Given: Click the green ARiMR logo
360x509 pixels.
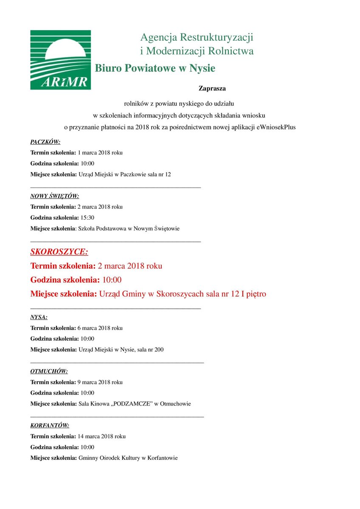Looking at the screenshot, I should (x=60, y=60).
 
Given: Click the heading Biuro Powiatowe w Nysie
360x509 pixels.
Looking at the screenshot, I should (x=155, y=68).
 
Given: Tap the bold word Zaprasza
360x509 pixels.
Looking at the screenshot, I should (x=212, y=89).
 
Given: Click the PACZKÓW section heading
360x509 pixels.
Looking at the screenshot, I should (x=45, y=142).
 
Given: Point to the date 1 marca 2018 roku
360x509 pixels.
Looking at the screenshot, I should (x=100, y=153).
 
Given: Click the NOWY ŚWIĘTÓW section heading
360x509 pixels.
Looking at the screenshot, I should (x=55, y=196).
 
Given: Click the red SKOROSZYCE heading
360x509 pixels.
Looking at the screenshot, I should (x=59, y=252).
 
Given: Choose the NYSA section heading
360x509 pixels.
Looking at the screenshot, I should (x=39, y=317).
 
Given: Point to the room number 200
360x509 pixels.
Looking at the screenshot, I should (x=159, y=350).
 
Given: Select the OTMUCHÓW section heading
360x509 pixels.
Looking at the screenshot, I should (x=49, y=371).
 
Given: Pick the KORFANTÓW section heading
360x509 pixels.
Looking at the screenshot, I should (x=50, y=425).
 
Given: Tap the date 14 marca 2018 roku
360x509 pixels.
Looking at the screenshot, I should (x=101, y=436).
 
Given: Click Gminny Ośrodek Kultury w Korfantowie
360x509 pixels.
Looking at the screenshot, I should (x=128, y=458).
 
